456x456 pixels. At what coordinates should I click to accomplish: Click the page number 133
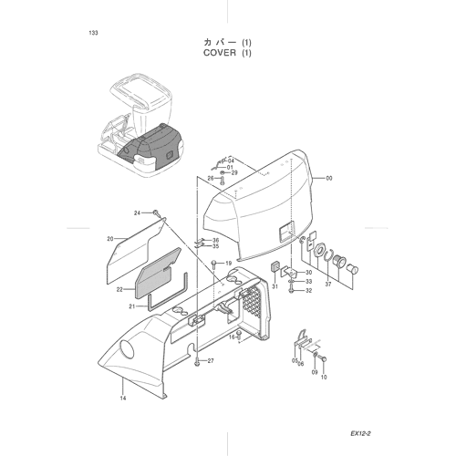[x=94, y=33]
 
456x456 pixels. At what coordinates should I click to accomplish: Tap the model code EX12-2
[x=360, y=434]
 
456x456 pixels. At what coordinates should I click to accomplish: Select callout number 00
[x=329, y=179]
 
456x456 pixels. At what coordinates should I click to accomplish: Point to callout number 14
[x=123, y=399]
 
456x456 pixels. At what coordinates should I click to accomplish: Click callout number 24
[x=137, y=213]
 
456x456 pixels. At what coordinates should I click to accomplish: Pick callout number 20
[x=110, y=239]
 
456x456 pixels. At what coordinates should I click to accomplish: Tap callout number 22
[x=119, y=290]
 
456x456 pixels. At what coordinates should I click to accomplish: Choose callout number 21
[x=132, y=306]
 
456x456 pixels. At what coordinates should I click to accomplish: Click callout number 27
[x=211, y=361]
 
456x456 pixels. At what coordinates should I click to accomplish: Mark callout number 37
[x=328, y=285]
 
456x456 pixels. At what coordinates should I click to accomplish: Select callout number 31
[x=275, y=286]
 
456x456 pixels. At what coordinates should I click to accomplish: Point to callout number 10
[x=324, y=378]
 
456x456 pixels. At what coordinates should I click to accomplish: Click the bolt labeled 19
[x=214, y=264]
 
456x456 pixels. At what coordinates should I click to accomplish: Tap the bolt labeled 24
[x=156, y=213]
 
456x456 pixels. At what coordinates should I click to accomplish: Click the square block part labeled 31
[x=275, y=266]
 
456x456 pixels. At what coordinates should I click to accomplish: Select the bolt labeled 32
[x=291, y=290]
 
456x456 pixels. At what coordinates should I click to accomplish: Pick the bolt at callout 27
[x=197, y=361]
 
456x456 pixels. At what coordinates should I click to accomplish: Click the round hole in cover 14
[x=127, y=349]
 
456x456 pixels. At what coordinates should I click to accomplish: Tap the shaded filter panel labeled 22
[x=158, y=273]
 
